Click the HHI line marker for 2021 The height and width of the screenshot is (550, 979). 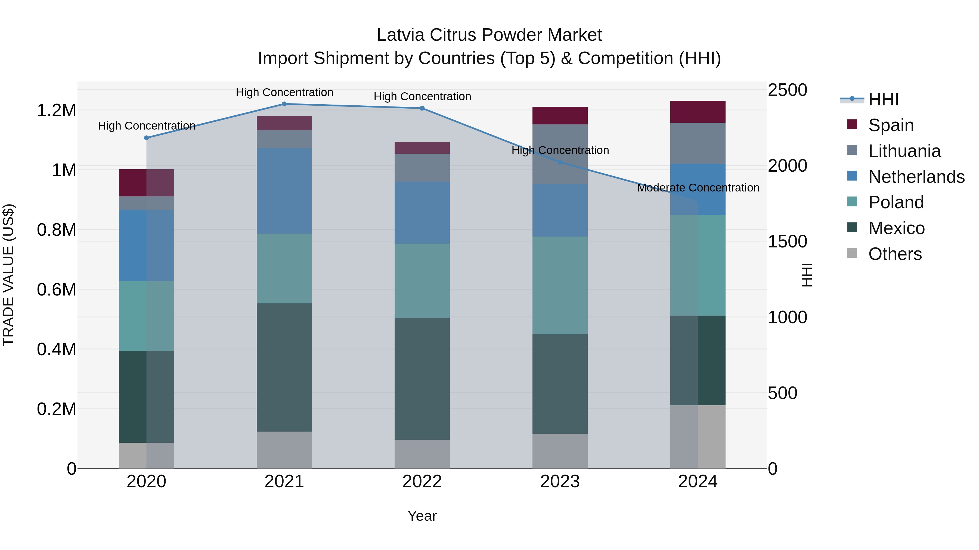click(284, 104)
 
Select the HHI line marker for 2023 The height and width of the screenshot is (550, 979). click(560, 162)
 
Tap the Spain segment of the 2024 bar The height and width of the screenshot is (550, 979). click(698, 112)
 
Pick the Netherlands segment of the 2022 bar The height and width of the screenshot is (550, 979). click(422, 213)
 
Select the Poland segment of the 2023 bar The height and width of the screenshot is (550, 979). click(560, 285)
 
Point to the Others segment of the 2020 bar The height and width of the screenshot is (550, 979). click(146, 455)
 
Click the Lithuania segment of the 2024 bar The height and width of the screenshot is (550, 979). click(698, 143)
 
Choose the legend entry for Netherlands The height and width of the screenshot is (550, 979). click(916, 177)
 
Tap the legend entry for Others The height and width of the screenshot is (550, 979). click(895, 254)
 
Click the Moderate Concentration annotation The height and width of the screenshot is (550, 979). click(698, 188)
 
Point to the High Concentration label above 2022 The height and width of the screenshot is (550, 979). click(422, 96)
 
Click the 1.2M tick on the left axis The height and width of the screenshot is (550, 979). click(56, 111)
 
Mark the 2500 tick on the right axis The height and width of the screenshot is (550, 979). click(787, 90)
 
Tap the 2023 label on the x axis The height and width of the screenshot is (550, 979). click(560, 482)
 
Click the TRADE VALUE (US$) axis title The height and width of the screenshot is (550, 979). click(8, 275)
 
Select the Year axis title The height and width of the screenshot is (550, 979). click(422, 516)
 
